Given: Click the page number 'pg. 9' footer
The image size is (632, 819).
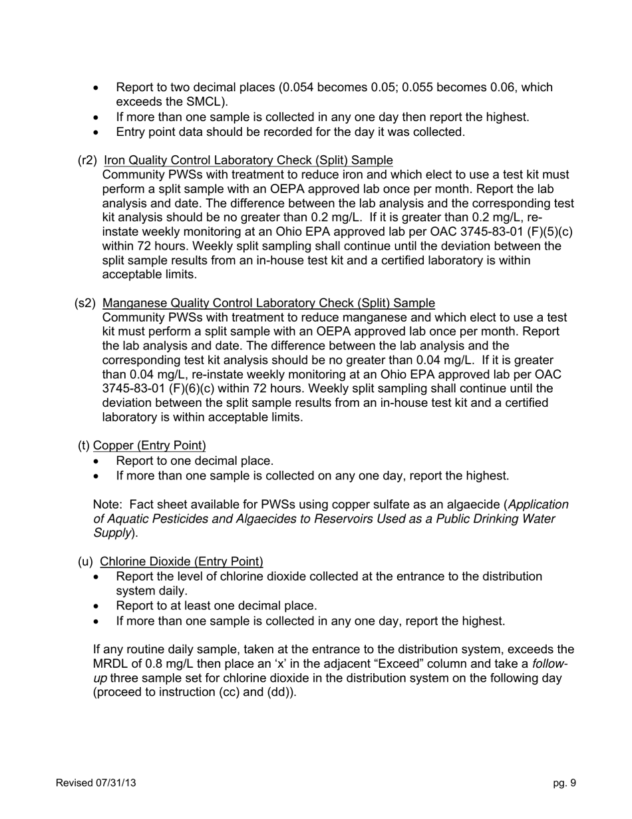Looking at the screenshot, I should pyautogui.click(x=564, y=783).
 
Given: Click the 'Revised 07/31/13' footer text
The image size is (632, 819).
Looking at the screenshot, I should pyautogui.click(x=96, y=783).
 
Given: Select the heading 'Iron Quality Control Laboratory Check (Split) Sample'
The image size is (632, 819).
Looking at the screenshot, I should pyautogui.click(x=248, y=160).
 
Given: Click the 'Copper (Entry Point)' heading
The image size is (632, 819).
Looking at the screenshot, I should pyautogui.click(x=149, y=445).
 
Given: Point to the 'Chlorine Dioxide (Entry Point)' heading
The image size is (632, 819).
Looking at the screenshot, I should pyautogui.click(x=181, y=561).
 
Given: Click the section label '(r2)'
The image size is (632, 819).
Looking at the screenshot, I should pyautogui.click(x=87, y=160).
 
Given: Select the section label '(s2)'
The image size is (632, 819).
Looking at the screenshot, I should pyautogui.click(x=85, y=303).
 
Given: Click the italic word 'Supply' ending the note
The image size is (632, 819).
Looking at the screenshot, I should pyautogui.click(x=112, y=533).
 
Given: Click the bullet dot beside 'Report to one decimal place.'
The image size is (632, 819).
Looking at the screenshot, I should pyautogui.click(x=98, y=461).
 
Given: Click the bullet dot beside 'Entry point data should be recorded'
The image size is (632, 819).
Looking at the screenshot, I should pyautogui.click(x=98, y=133).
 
